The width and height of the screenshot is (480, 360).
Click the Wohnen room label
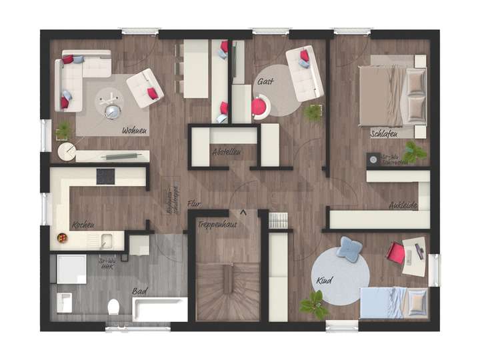tap(134, 131)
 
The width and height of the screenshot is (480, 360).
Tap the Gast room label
tap(265, 81)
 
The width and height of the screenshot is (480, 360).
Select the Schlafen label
tap(384, 134)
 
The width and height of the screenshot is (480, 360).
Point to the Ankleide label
tap(403, 206)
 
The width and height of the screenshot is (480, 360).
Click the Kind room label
tap(324, 280)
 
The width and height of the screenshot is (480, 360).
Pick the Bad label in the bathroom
tap(139, 291)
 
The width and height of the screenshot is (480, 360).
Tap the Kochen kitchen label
tap(83, 225)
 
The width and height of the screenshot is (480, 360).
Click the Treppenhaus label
tap(217, 225)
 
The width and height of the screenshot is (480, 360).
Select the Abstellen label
tap(226, 152)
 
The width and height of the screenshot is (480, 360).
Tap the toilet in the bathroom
tap(113, 307)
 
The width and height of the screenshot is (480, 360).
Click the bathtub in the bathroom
tap(160, 309)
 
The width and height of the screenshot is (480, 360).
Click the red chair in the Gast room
tap(259, 106)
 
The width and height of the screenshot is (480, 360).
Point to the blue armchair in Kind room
tap(349, 249)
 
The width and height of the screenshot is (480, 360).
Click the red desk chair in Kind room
tap(396, 253)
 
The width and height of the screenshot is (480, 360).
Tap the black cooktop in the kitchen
tap(105, 176)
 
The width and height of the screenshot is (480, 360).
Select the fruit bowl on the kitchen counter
tap(62, 237)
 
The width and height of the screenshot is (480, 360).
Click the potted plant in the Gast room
tap(313, 112)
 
